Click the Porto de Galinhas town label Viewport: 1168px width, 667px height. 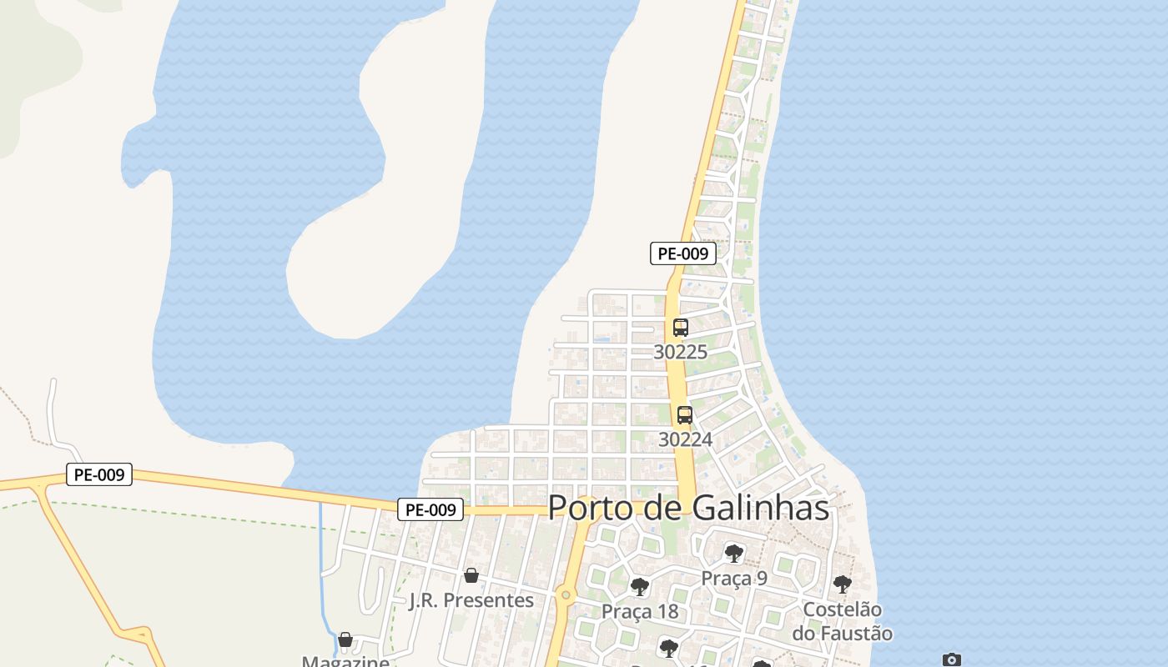(688, 508)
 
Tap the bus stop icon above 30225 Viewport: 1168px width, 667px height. (681, 328)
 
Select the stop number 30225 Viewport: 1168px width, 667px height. (680, 352)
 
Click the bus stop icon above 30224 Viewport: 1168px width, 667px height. (685, 414)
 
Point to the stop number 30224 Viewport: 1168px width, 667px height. (685, 439)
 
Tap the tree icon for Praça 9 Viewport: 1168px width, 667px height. (734, 553)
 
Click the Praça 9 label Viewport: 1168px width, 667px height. (734, 578)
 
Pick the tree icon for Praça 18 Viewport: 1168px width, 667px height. (640, 587)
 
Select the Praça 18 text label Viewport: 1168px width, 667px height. (640, 612)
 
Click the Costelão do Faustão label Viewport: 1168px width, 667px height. (842, 622)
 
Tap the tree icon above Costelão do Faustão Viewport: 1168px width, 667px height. (843, 584)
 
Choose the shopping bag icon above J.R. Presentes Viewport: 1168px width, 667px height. (471, 575)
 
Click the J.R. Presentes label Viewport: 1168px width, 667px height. (471, 600)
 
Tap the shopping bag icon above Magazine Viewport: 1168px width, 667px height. (345, 640)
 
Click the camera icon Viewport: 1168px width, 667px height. (952, 659)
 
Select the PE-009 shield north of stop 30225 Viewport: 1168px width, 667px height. (683, 254)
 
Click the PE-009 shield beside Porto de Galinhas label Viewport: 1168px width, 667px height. (430, 509)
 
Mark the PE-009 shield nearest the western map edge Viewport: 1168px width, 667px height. (99, 475)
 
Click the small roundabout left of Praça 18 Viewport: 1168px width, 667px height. (566, 595)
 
